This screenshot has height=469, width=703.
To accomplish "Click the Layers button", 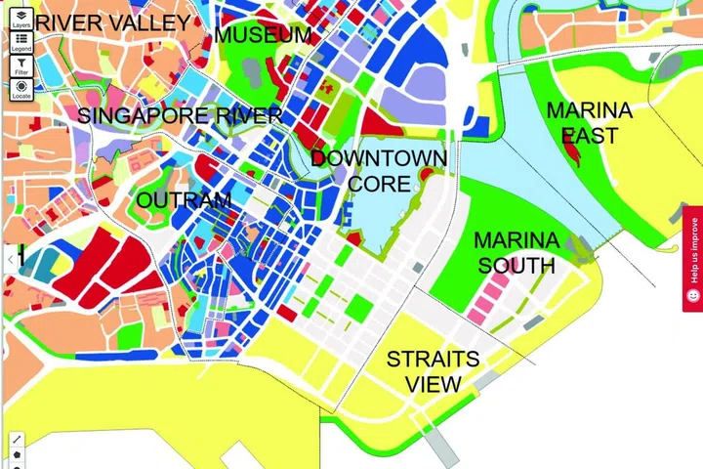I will [21, 19].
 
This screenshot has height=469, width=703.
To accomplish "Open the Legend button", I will [21, 41].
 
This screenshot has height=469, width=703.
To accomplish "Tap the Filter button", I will [21, 64].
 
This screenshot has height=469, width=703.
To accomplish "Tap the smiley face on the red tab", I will [692, 294].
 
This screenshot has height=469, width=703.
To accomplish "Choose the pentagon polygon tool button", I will [18, 457].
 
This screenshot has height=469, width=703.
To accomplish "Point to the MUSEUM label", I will [264, 35].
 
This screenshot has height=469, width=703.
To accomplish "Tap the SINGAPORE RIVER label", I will [180, 116].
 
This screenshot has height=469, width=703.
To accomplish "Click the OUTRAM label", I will [185, 201].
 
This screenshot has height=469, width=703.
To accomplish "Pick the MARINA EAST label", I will [589, 123].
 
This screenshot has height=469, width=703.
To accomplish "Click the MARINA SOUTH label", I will [516, 252].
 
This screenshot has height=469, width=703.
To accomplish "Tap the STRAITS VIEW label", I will [432, 371].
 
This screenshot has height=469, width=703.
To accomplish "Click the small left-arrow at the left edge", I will [10, 259].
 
